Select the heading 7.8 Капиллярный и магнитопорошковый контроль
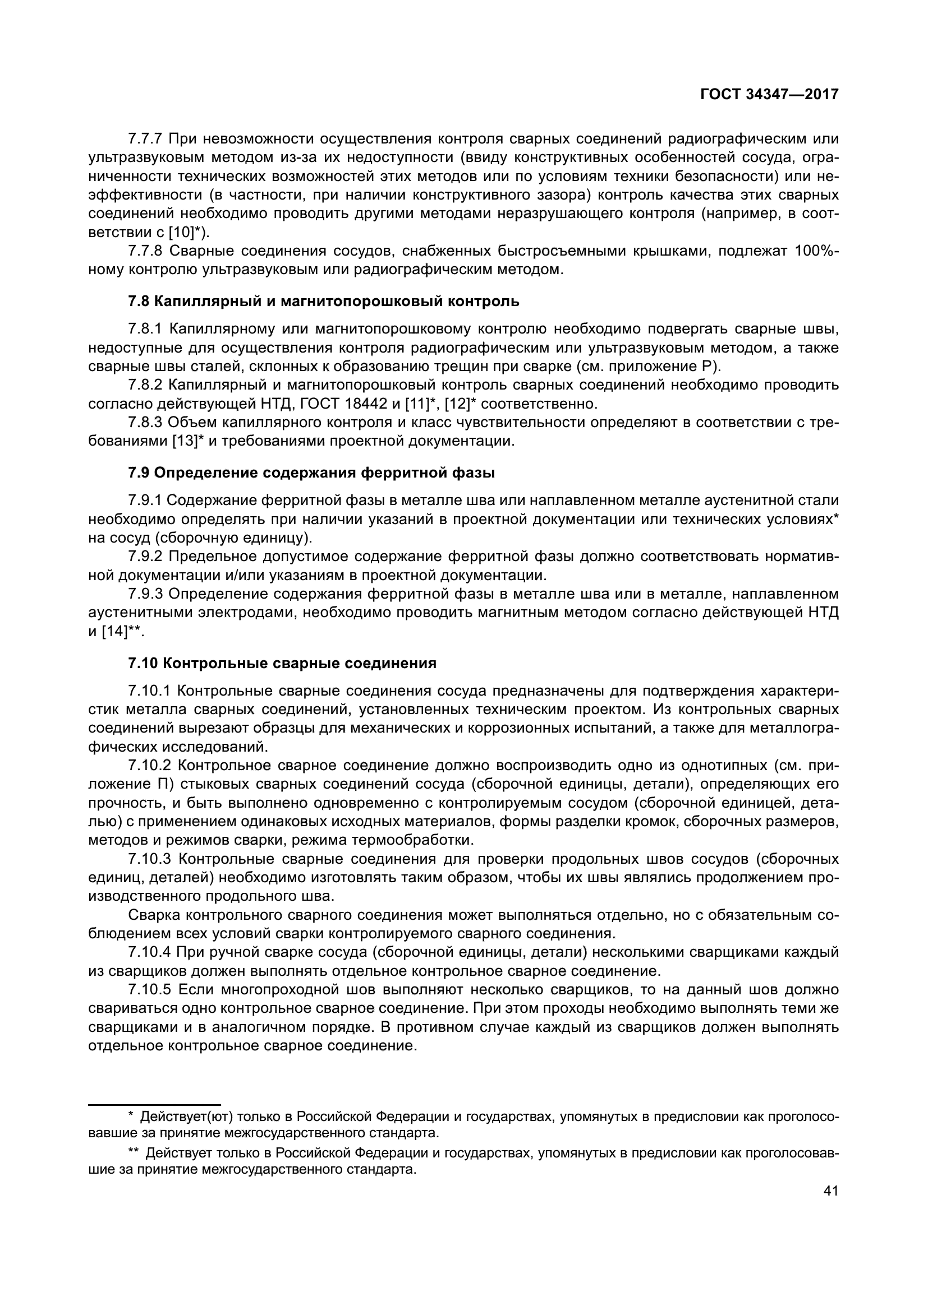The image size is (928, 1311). (323, 301)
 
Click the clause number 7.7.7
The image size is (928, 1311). (146, 139)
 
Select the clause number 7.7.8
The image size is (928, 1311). (146, 251)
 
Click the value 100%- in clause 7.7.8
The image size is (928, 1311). (816, 251)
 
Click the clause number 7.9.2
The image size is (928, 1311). (146, 556)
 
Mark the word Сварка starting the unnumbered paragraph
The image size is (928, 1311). (151, 915)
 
